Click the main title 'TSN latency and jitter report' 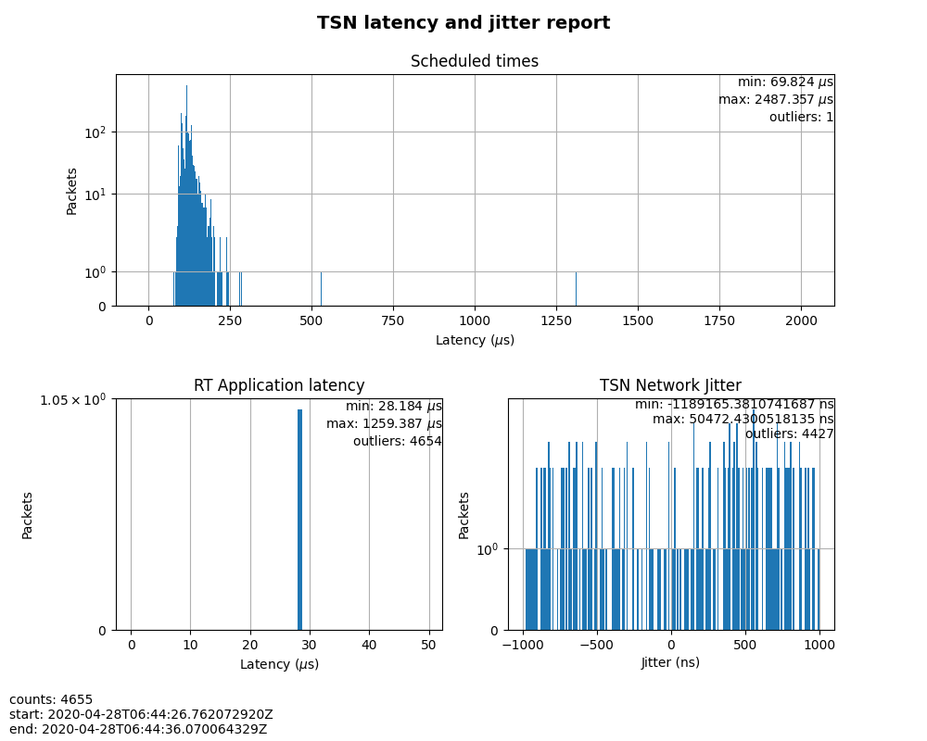pos(463,23)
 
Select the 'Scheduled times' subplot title pos(475,62)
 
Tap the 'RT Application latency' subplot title pos(279,386)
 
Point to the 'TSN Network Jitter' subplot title pos(670,386)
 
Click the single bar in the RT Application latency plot pos(299,519)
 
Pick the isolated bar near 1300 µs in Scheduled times pos(576,288)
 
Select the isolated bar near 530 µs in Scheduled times pos(321,288)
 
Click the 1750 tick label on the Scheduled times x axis pos(719,320)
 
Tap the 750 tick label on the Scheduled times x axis pos(393,320)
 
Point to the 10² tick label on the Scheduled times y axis pos(95,132)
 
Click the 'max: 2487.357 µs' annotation pos(775,99)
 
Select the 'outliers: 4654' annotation pos(397,441)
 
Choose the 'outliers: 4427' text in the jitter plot pos(789,433)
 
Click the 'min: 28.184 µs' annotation pos(393,407)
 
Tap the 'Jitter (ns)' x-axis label pos(670,662)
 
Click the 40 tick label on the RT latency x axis pos(369,645)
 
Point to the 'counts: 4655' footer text pos(51,699)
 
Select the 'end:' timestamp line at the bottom pos(138,729)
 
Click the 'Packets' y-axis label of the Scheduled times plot pos(72,190)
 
